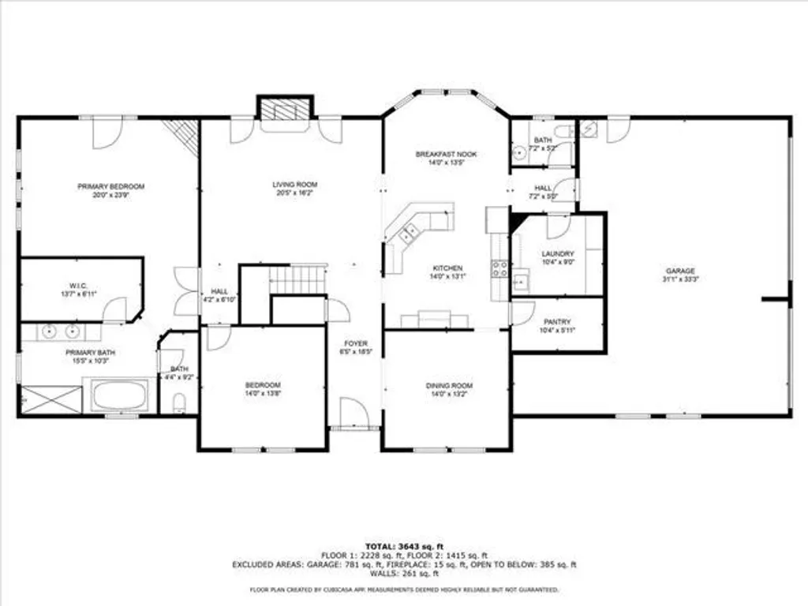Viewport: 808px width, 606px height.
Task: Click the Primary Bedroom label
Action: pyautogui.click(x=111, y=186)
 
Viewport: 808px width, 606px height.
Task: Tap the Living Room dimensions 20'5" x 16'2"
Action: pyautogui.click(x=294, y=193)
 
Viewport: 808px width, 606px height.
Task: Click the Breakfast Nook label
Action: pyautogui.click(x=447, y=154)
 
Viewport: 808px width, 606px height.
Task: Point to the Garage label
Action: pyautogui.click(x=679, y=270)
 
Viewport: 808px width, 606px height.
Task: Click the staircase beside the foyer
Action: pyautogui.click(x=297, y=278)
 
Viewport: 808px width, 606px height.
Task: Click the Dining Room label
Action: pyautogui.click(x=449, y=385)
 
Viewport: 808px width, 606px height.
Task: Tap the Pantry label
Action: pyautogui.click(x=557, y=322)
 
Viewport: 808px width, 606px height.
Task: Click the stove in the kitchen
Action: pyautogui.click(x=499, y=271)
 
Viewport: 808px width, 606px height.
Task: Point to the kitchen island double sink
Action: pyautogui.click(x=410, y=230)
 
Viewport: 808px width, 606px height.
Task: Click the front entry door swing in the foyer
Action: pyautogui.click(x=351, y=412)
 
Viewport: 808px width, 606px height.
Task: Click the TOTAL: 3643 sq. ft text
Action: pyautogui.click(x=404, y=546)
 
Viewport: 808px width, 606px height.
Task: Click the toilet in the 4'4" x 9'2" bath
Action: pyautogui.click(x=179, y=404)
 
